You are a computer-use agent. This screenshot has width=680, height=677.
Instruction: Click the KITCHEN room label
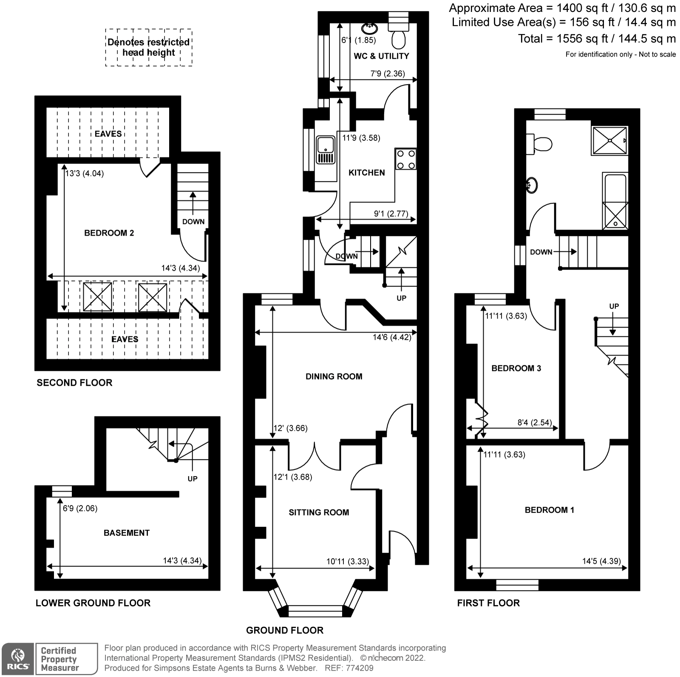coord(366,173)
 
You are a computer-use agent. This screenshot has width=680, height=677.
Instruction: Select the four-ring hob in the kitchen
coord(405,159)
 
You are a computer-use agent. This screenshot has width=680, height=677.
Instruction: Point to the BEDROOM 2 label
coord(109,233)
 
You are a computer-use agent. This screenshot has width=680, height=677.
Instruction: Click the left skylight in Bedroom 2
coord(98,297)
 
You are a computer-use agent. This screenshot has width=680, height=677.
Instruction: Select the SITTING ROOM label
coord(319,513)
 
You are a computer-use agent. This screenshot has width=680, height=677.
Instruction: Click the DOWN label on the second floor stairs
coord(193,222)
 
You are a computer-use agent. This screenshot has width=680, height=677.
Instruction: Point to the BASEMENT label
coord(127,533)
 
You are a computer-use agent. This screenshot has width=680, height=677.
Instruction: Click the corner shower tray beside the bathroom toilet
coord(609,140)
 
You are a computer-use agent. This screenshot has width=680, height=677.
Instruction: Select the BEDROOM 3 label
coord(516,368)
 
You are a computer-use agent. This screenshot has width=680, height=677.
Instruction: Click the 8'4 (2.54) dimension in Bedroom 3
coord(534,423)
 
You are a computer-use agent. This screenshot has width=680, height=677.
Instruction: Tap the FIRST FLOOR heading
coord(488,603)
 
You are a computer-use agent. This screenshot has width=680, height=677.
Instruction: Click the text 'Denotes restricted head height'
coord(148,47)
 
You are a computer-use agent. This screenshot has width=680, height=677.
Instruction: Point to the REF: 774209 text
coord(349,668)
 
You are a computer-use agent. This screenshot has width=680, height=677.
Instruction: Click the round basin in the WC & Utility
coord(369,28)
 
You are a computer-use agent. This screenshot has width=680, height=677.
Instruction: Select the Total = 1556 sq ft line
coord(596,39)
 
